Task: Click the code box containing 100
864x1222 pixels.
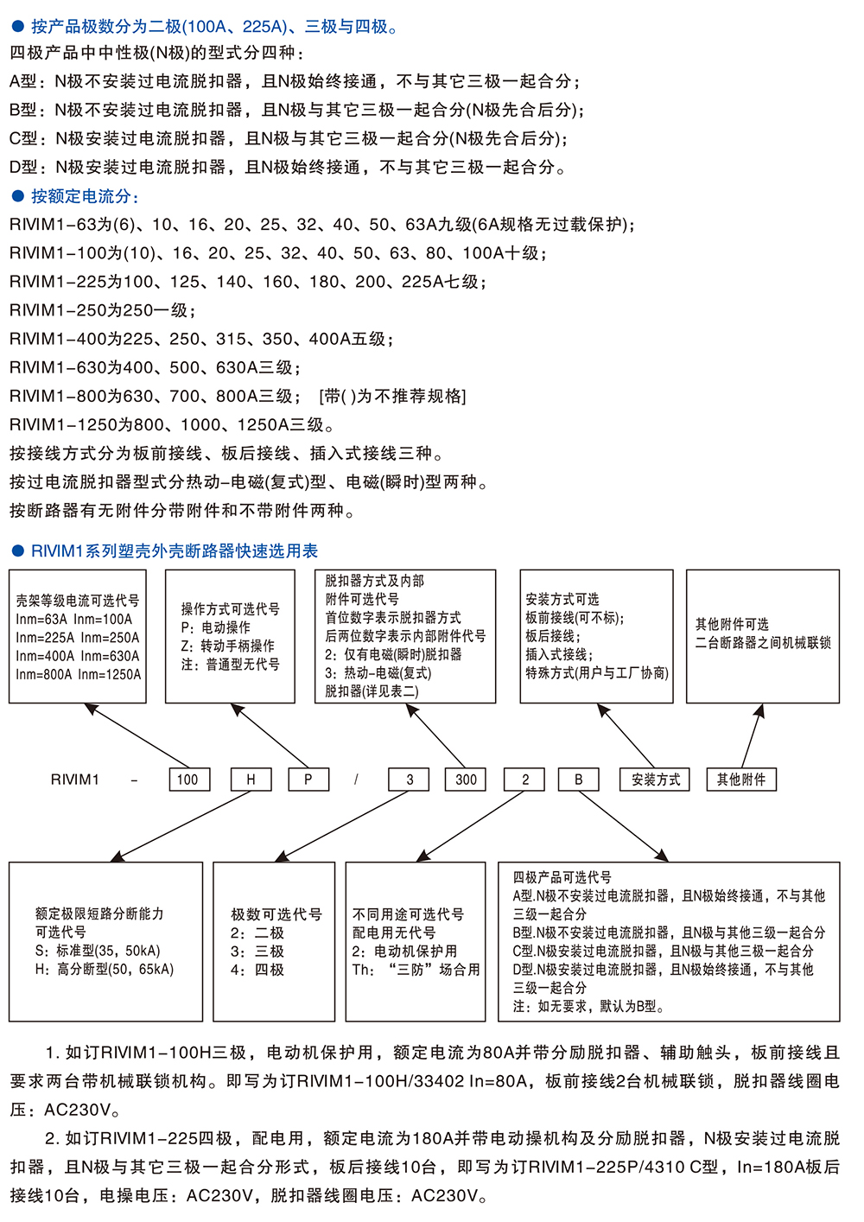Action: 189,779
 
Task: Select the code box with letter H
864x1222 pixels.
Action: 251,779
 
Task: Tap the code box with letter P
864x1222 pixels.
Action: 308,779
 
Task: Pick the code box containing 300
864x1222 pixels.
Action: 467,779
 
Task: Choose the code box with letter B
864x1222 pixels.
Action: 579,779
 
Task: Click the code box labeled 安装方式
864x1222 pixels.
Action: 655,779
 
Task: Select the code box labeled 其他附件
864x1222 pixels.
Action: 741,779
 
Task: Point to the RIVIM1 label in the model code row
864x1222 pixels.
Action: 74,780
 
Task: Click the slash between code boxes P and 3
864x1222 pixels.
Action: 356,780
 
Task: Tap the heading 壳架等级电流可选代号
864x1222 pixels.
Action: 78,601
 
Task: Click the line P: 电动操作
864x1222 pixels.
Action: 215,627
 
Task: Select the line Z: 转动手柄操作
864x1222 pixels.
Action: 227,646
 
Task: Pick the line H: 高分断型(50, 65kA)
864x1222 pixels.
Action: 105,970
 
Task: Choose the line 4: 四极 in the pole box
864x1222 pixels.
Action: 257,970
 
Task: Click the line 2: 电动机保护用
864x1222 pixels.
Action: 404,951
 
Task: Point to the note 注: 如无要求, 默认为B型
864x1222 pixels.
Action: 588,1006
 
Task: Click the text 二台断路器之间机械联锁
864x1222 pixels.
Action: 763,643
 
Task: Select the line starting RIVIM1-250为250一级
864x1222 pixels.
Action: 103,310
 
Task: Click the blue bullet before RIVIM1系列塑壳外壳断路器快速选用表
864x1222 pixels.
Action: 18,551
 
